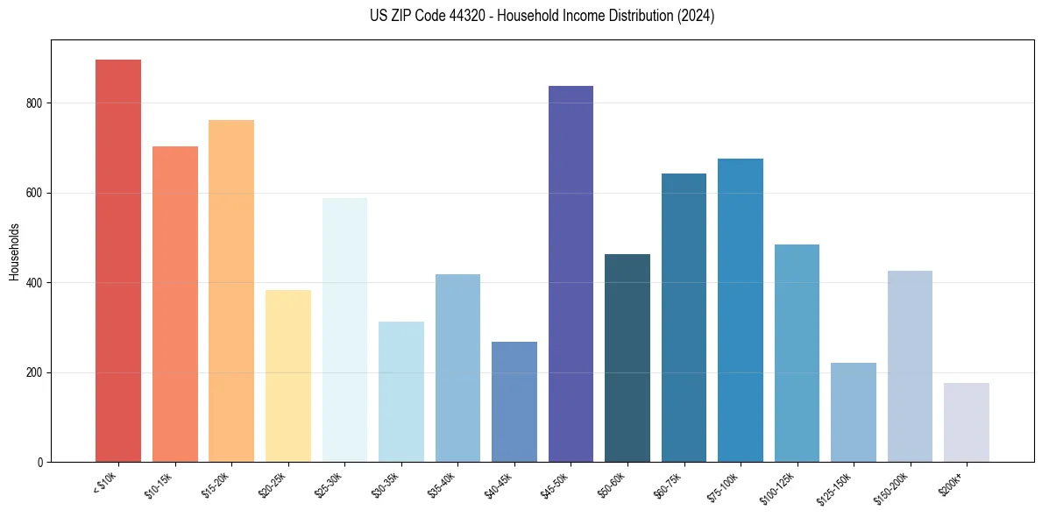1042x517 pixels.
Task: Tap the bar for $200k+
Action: coord(967,422)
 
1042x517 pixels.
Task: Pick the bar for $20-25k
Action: coord(288,376)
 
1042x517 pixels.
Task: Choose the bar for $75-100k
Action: coord(741,310)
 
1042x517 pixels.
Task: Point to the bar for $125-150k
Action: coord(854,412)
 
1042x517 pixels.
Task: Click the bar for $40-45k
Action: coord(514,401)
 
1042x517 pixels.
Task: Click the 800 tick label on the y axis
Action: coord(36,103)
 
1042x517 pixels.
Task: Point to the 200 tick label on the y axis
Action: coord(36,372)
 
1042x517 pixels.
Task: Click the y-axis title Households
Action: coord(14,251)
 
